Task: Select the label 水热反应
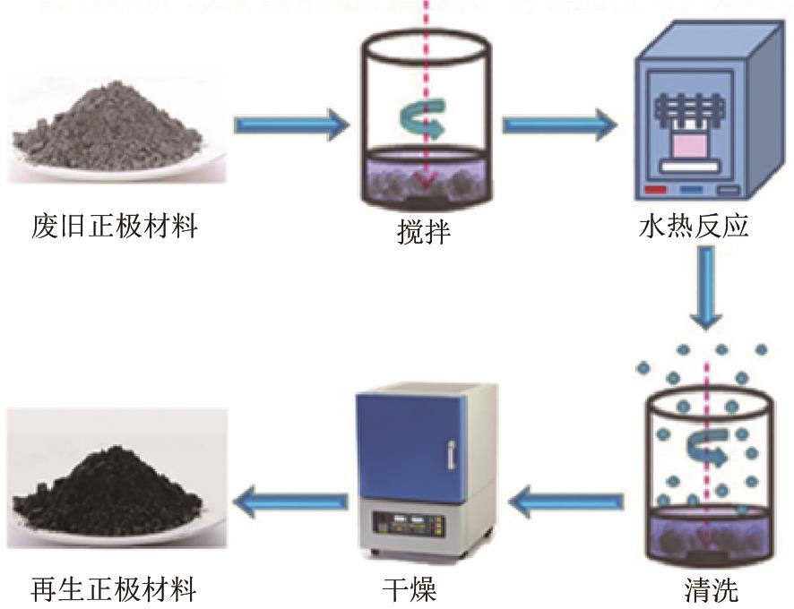pos(694,227)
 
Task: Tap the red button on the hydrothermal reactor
pos(656,191)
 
